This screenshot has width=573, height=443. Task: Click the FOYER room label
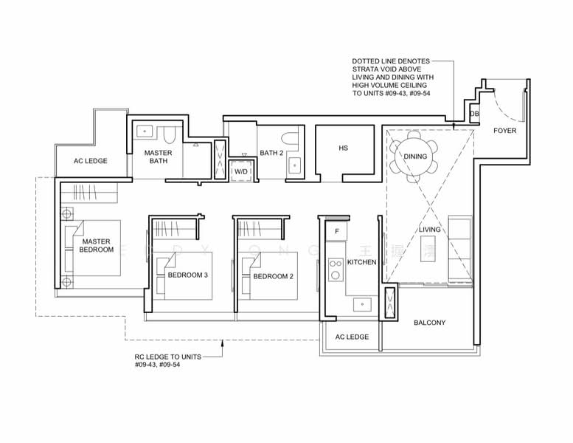(505, 131)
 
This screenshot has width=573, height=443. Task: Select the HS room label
(343, 148)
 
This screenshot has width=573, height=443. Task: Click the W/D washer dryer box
(241, 171)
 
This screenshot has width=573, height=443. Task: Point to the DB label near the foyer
(474, 114)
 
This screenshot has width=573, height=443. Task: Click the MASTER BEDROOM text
(97, 246)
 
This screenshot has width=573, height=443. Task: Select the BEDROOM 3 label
(187, 275)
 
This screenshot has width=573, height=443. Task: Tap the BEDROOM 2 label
(274, 275)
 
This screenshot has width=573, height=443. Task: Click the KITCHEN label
(362, 262)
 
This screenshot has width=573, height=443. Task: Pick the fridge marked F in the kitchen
(337, 231)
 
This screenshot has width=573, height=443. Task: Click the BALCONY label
(429, 323)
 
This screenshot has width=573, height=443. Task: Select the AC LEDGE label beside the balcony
(352, 337)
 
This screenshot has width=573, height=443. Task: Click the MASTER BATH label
(158, 157)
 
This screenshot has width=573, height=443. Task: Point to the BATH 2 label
(271, 154)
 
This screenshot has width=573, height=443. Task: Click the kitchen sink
(361, 303)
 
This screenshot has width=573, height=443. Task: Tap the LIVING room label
(429, 230)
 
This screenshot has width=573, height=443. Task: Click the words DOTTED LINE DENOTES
(391, 61)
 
